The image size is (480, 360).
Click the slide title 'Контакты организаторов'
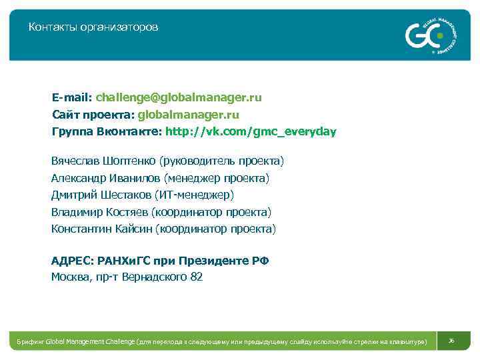(93, 27)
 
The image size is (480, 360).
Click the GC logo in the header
(427, 34)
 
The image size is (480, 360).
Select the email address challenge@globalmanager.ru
(179, 97)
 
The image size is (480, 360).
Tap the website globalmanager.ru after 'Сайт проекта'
(189, 115)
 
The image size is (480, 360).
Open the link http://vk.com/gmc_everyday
(251, 131)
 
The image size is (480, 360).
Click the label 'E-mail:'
(73, 97)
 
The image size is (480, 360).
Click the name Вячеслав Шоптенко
(103, 161)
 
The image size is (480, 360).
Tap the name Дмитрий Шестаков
(101, 195)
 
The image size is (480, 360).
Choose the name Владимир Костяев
(100, 212)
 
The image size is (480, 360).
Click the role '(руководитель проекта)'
(221, 161)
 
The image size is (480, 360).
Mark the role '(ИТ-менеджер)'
(194, 195)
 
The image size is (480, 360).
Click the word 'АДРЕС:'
(73, 260)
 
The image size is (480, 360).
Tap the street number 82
(196, 277)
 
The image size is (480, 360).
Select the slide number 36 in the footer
(451, 341)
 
